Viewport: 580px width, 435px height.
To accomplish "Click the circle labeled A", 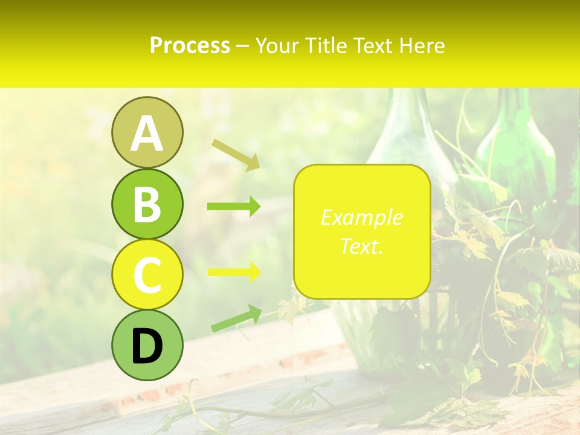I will (x=147, y=132).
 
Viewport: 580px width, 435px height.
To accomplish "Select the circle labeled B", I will (x=147, y=204).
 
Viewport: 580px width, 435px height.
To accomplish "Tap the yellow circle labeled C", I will (x=147, y=274).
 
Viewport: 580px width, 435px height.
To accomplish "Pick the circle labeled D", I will (x=147, y=345).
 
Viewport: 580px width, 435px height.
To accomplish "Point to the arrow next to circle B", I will (x=234, y=207).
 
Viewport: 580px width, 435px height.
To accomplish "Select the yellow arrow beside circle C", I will (x=234, y=272).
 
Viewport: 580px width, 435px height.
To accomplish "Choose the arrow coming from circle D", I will (x=236, y=318).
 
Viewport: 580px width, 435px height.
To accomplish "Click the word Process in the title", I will (x=190, y=45).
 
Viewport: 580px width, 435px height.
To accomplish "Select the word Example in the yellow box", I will (x=361, y=217).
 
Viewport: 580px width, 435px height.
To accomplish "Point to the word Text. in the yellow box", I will (x=361, y=246).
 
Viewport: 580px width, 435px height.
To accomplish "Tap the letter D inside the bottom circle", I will (x=147, y=347).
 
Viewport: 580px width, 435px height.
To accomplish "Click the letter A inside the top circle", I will (x=147, y=134).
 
